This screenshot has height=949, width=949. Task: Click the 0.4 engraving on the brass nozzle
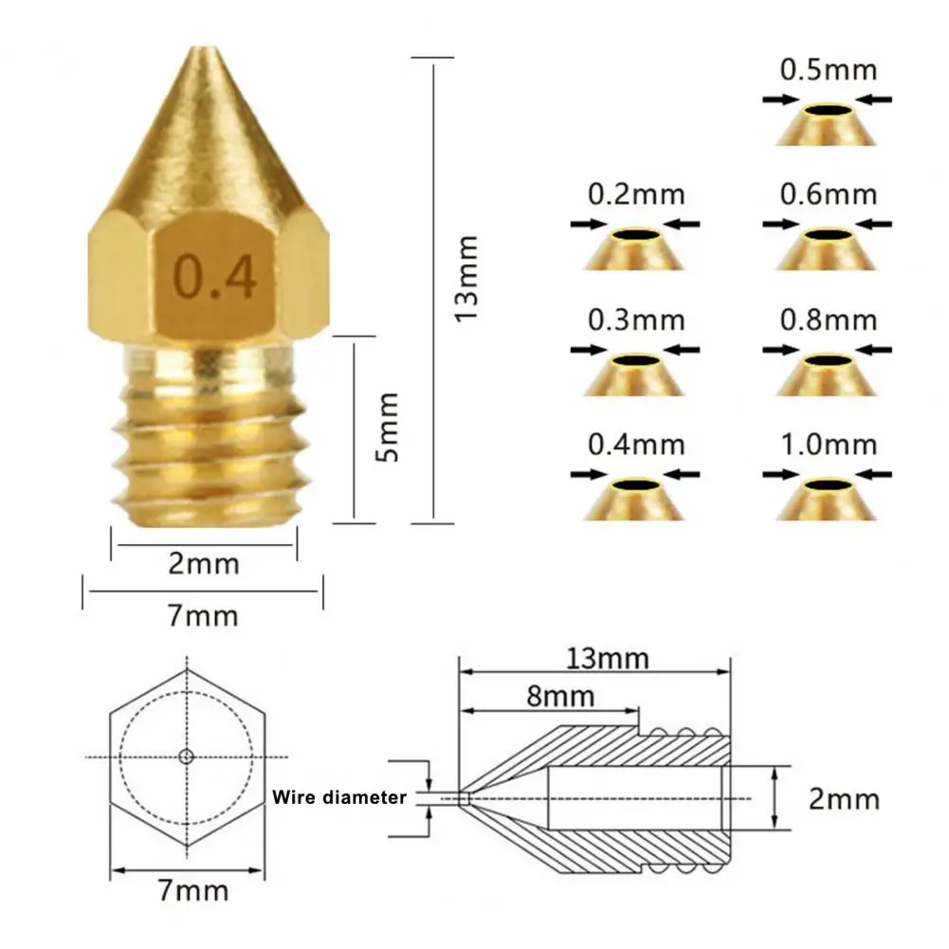(213, 276)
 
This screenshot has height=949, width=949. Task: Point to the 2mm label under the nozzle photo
(203, 564)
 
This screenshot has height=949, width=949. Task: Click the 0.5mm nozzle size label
(828, 70)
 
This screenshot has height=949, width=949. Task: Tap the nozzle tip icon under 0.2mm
(634, 249)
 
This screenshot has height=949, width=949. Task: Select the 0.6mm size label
(828, 194)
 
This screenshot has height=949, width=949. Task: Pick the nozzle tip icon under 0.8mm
(827, 374)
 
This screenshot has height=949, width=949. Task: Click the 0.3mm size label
(635, 319)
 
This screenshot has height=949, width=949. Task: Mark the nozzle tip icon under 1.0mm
(827, 499)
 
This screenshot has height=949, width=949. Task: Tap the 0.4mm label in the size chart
(635, 444)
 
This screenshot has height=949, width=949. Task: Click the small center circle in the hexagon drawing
(186, 756)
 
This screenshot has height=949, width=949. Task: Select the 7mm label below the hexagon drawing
(194, 890)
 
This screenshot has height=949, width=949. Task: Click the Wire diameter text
(339, 798)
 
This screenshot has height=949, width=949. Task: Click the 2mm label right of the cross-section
(844, 798)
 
